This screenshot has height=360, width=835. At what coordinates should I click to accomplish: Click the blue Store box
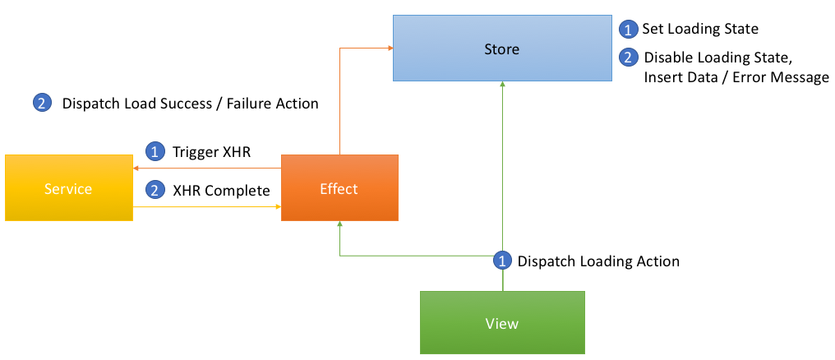click(502, 48)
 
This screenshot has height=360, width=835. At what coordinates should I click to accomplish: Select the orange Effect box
click(339, 188)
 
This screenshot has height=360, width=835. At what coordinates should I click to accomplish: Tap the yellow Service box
click(69, 188)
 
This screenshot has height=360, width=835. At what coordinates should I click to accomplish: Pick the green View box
click(502, 323)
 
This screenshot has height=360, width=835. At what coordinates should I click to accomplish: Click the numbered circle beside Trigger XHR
click(155, 152)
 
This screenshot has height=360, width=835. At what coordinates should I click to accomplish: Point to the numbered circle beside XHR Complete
click(155, 190)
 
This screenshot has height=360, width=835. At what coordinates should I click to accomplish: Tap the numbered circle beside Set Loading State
click(628, 30)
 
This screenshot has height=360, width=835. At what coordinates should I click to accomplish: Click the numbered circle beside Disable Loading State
click(628, 58)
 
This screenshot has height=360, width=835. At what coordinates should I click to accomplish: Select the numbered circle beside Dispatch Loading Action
click(502, 261)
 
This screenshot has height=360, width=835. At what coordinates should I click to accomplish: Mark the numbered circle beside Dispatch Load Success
click(42, 104)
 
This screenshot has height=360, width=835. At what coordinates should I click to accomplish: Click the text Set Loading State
click(700, 29)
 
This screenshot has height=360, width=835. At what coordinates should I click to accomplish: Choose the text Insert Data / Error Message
click(736, 77)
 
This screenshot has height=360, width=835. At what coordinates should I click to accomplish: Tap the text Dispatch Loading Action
click(598, 261)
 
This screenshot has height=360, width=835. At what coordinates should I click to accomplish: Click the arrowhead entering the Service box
click(136, 168)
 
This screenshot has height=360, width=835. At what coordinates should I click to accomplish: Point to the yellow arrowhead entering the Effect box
click(279, 205)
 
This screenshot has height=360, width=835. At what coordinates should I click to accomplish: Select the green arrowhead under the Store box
click(502, 84)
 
